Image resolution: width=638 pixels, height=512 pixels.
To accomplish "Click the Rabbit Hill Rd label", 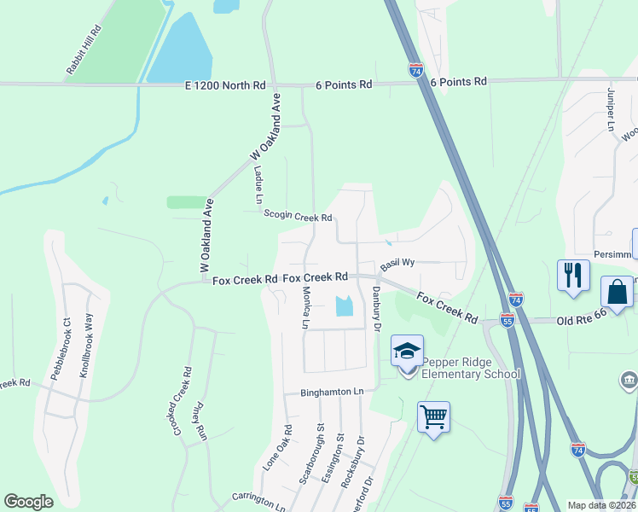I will (x=84, y=49).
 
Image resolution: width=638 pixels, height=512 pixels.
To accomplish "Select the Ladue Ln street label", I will (x=258, y=185).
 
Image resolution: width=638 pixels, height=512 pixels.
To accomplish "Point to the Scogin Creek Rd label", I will (x=298, y=216).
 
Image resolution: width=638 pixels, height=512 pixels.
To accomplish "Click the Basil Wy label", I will (x=397, y=263).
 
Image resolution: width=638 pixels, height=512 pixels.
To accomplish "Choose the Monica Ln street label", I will (x=304, y=306).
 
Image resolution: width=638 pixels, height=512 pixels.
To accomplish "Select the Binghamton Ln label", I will (x=332, y=393).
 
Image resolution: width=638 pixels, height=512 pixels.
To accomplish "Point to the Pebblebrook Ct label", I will (x=66, y=342).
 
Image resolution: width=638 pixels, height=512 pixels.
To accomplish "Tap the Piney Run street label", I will (x=201, y=421).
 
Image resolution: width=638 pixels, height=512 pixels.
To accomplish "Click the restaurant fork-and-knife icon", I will (x=572, y=276).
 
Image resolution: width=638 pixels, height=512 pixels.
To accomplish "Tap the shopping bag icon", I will (x=617, y=292).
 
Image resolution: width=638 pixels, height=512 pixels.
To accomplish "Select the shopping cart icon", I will (x=433, y=417).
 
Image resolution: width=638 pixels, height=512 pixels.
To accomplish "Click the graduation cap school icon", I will (x=407, y=351).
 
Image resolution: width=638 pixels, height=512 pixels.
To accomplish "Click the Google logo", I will (x=28, y=501).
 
